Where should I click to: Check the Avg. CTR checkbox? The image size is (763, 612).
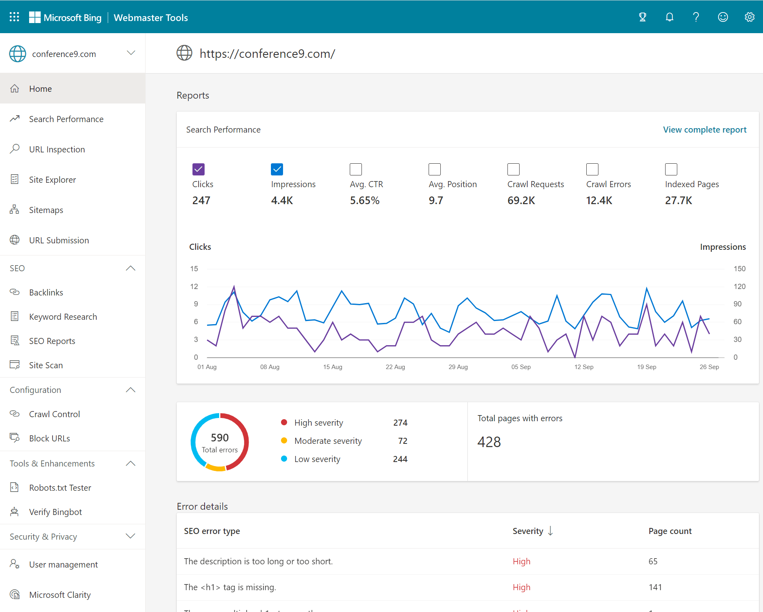coord(356,169)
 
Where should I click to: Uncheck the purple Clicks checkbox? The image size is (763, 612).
coord(199,169)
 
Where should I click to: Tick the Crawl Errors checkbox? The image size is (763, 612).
coord(592,169)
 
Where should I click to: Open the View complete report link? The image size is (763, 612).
coord(704,130)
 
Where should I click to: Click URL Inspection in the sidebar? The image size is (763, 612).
coord(57,150)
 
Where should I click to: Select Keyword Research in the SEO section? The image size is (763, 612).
coord(63,317)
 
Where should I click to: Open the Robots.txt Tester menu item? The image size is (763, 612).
coord(60,488)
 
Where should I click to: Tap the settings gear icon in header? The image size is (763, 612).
coord(749,17)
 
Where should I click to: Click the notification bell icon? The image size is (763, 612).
coord(670,17)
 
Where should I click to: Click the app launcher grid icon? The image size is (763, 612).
coord(15,17)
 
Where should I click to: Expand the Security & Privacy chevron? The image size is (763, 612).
coord(130,536)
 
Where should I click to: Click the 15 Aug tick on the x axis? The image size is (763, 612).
coord(332,367)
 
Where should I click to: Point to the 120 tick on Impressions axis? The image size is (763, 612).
coord(740,287)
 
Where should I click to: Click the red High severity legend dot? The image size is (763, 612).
coord(284,422)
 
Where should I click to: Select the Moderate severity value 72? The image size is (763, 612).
coord(402,441)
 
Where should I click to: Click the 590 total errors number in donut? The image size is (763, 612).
coord(220,438)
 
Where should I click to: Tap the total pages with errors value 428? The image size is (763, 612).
coord(489,442)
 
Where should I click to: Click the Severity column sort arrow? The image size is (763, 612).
coord(550,531)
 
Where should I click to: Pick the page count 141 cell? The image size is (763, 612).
coord(655,587)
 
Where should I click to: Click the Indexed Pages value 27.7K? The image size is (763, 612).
coord(678,200)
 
